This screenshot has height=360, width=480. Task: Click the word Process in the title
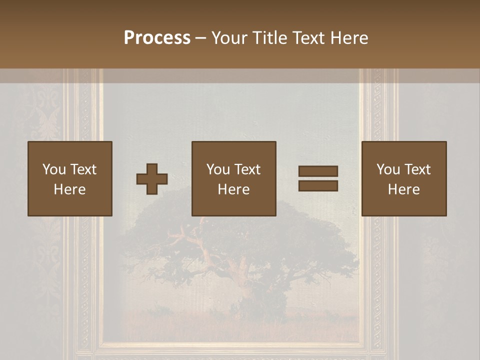point(157,38)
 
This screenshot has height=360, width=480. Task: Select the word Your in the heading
point(229,38)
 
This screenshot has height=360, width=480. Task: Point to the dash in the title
point(200,38)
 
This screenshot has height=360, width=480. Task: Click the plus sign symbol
point(152,178)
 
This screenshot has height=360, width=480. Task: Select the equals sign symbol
point(318,178)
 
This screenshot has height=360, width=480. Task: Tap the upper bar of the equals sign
point(318,171)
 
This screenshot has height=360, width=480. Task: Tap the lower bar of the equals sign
point(318,185)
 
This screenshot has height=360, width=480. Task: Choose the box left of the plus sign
point(69,178)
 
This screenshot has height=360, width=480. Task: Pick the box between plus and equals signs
point(233,178)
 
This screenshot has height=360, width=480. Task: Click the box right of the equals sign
point(403,178)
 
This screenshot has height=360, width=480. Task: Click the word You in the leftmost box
point(54,169)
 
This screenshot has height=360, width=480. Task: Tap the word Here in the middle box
point(233,189)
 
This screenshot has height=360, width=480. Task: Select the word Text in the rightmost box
point(417,169)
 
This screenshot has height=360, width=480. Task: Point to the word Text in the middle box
point(247,169)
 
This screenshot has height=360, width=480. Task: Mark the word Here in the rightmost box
point(403,189)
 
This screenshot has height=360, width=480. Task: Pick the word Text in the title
point(308,38)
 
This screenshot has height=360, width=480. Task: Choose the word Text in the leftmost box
point(83,169)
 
